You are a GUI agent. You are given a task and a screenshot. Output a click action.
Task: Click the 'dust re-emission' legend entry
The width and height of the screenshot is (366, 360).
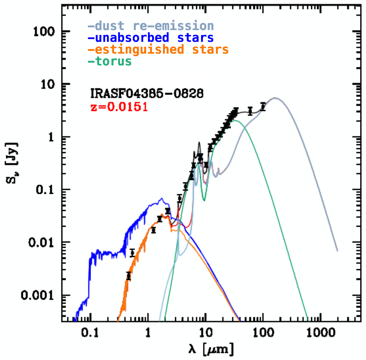click(151, 26)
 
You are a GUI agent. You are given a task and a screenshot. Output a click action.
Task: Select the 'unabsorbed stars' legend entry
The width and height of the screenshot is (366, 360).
click(151, 38)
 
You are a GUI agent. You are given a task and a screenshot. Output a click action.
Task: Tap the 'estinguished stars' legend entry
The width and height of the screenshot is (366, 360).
click(158, 50)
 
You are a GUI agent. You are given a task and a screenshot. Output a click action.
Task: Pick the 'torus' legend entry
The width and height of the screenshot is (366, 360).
click(110, 61)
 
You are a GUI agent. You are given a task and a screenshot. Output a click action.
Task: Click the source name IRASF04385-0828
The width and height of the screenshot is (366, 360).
click(147, 93)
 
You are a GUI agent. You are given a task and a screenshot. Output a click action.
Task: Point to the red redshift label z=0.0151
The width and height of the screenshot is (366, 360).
click(119, 107)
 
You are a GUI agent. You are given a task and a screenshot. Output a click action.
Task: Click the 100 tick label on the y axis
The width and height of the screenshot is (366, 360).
click(44, 32)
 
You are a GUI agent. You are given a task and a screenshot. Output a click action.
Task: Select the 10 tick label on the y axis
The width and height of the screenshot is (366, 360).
click(48, 84)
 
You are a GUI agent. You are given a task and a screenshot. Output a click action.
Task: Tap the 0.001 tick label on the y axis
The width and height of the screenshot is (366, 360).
click(37, 295)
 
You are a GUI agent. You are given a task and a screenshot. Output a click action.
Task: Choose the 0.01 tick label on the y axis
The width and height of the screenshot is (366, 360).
click(41, 242)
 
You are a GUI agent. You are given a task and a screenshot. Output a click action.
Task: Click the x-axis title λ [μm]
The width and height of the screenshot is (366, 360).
click(211, 349)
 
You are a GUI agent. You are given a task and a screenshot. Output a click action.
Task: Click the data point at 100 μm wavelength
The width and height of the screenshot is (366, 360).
click(263, 107)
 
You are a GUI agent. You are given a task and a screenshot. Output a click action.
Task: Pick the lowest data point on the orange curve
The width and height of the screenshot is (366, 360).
click(129, 276)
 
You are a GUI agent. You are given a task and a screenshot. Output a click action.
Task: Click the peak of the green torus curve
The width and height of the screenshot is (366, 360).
click(236, 121)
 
